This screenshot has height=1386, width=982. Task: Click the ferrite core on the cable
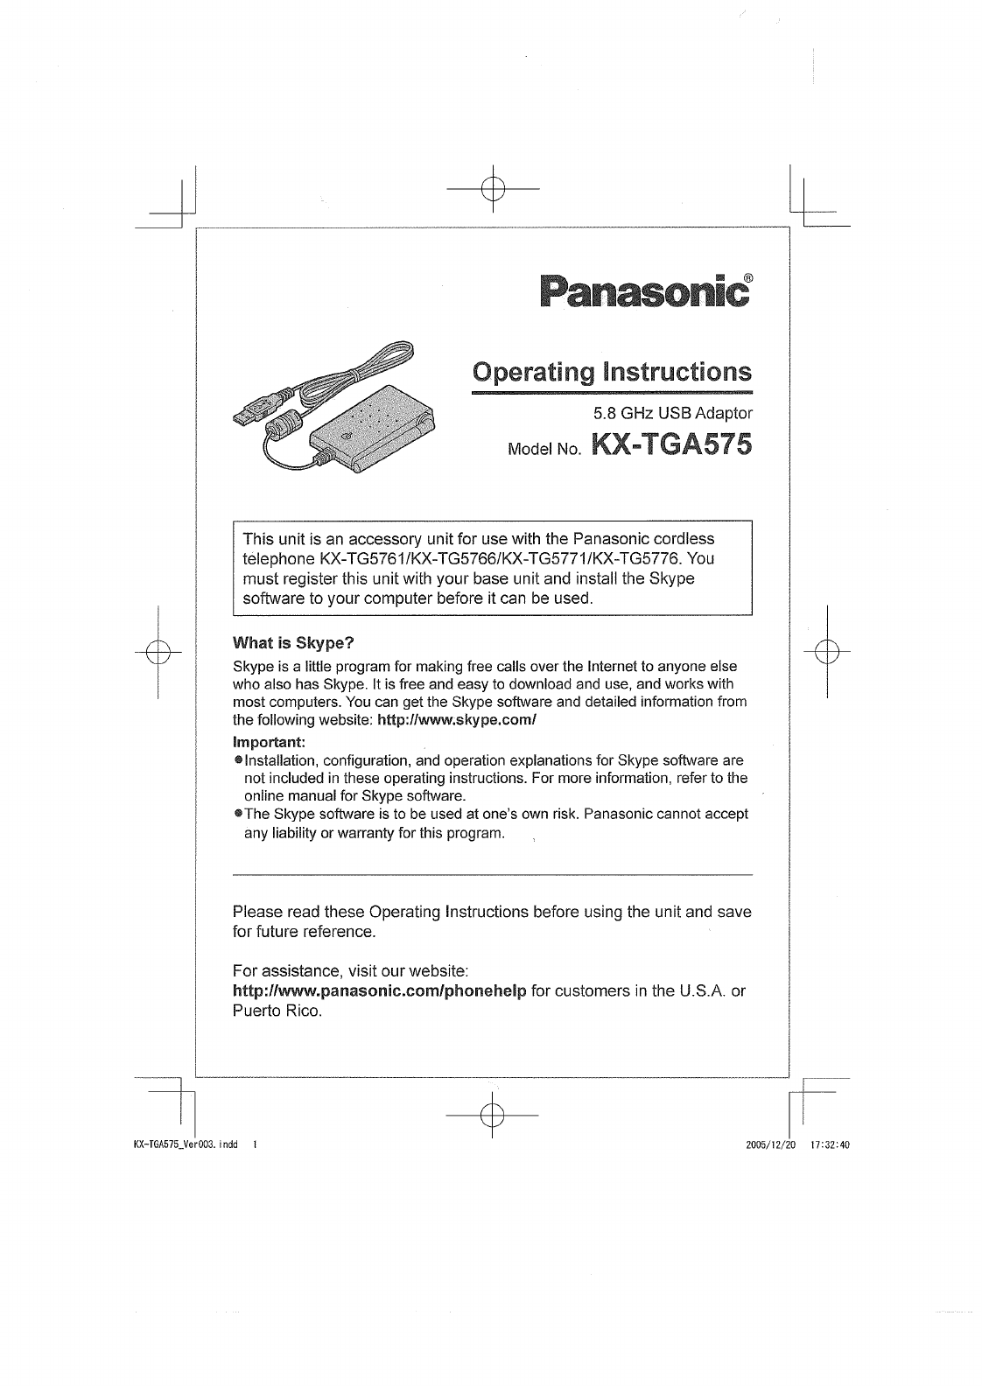coord(284,429)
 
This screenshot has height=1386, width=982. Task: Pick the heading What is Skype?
coord(293,643)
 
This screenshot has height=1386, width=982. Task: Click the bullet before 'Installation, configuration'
coord(237,760)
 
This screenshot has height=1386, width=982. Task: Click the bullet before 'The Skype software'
coord(237,814)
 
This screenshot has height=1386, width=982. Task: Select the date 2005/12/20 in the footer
coord(767,1144)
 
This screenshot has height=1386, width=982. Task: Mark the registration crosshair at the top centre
coord(493,189)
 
